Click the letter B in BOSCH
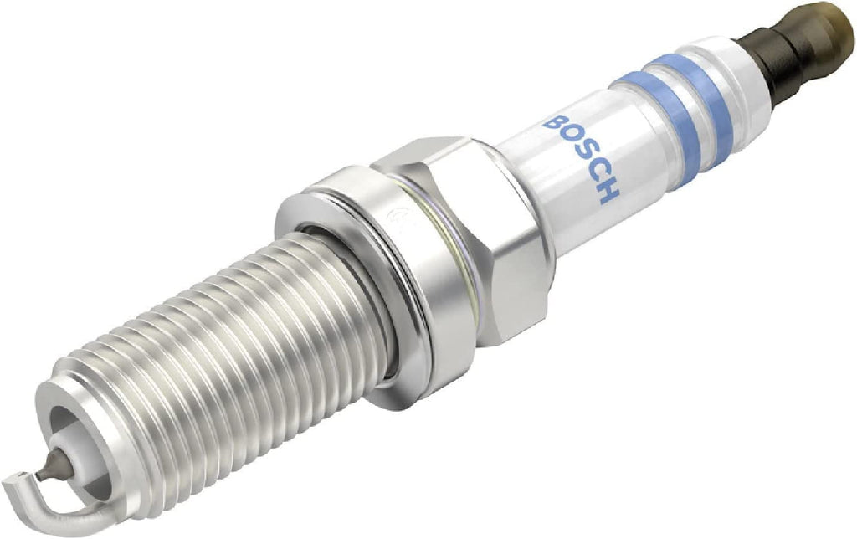click(554, 124)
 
